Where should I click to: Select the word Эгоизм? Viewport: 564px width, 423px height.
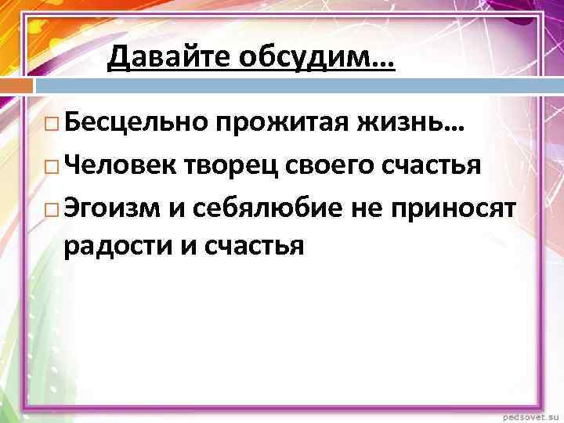[114, 208]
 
